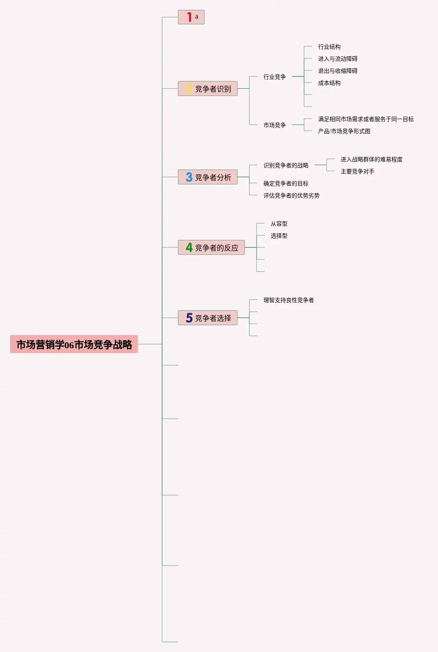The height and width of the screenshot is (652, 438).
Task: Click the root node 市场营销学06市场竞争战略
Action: (x=74, y=344)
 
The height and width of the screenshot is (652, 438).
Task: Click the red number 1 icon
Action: (x=189, y=17)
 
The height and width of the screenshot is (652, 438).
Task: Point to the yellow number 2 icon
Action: (x=189, y=88)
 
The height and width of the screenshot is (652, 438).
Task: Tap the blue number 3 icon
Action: (x=189, y=177)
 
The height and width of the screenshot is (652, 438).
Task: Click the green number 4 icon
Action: (x=189, y=247)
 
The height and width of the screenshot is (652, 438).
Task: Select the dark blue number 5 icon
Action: (x=189, y=318)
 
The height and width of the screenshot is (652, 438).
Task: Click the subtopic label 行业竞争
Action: (x=274, y=77)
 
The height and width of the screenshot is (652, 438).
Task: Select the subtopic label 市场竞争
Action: (x=274, y=125)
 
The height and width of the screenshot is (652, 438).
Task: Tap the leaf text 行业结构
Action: (x=329, y=47)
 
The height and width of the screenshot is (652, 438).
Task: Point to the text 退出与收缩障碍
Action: (x=337, y=71)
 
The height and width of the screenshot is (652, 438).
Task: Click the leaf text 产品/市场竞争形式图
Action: (x=344, y=131)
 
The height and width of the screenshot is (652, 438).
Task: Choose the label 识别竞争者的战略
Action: (x=286, y=165)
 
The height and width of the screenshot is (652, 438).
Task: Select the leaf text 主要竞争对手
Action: (x=357, y=171)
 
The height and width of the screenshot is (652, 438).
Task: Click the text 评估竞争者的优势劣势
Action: (x=291, y=195)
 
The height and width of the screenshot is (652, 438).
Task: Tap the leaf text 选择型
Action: (x=279, y=236)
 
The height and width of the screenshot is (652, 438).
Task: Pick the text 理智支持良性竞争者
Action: (x=288, y=300)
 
